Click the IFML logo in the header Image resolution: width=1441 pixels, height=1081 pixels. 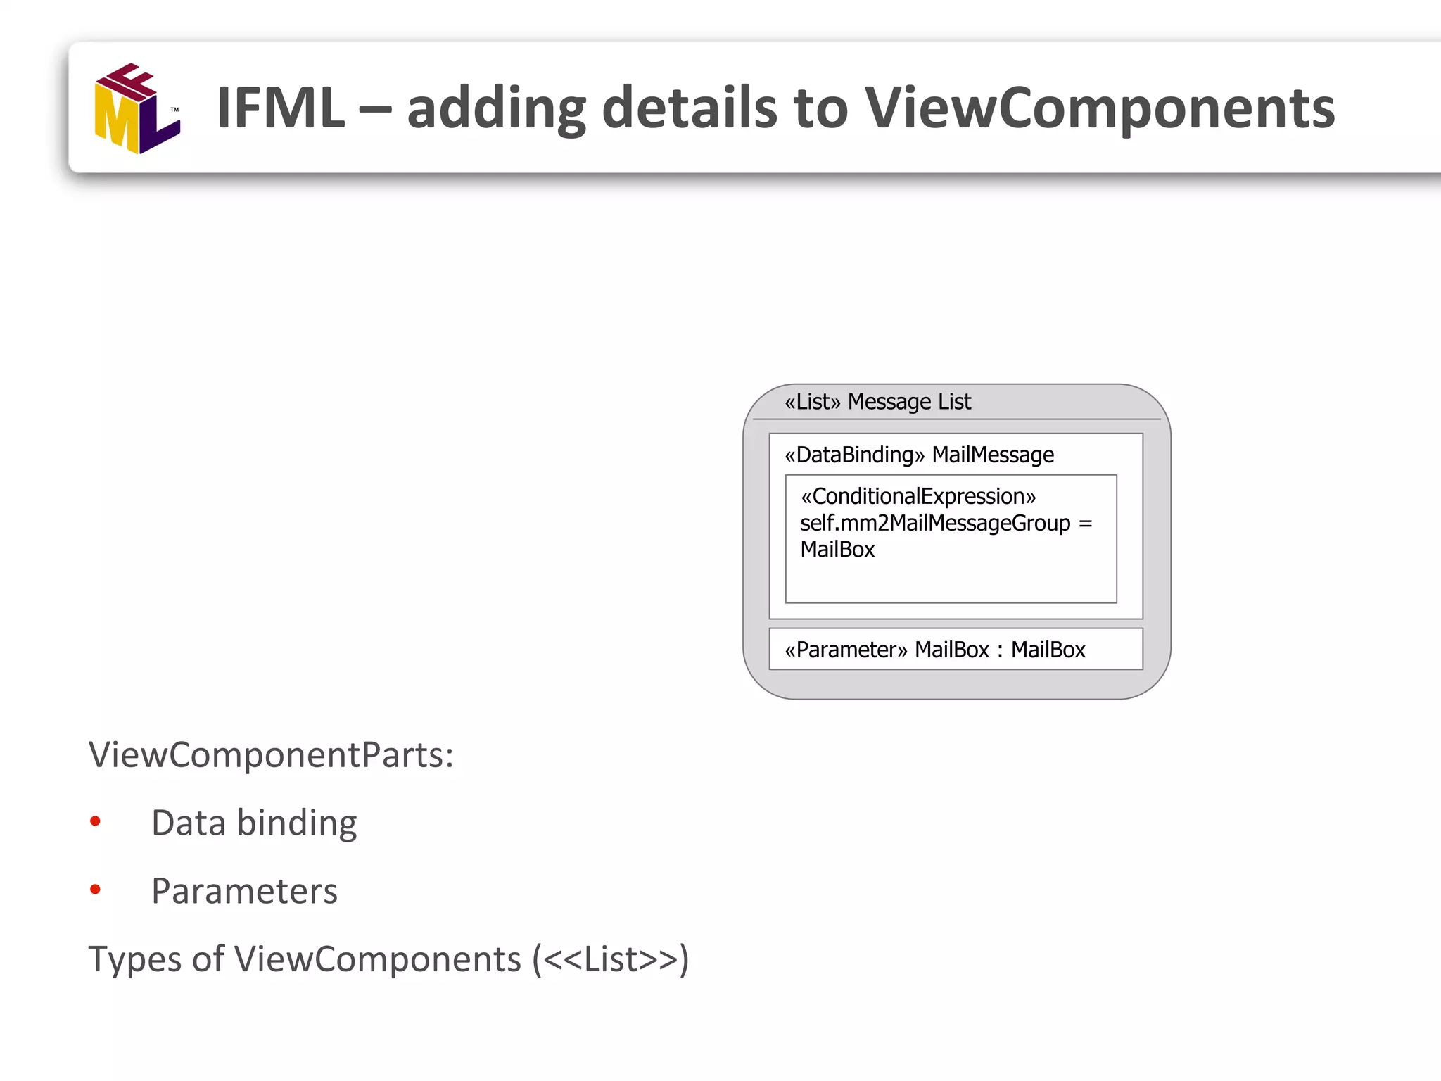(x=137, y=108)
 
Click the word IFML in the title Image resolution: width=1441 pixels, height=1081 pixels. (x=281, y=108)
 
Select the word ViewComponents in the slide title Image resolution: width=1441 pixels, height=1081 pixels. (x=1099, y=108)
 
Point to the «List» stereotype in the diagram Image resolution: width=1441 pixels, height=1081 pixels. (x=813, y=402)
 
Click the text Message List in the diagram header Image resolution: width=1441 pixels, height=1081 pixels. (x=909, y=402)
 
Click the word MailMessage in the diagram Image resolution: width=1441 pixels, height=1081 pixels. (x=993, y=455)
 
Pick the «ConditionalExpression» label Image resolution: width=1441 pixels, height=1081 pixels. (x=918, y=497)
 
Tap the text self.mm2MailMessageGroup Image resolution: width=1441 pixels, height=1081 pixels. (x=935, y=524)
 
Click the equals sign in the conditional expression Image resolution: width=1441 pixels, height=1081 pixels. (x=1086, y=524)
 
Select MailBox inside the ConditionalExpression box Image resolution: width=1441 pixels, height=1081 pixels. (x=837, y=550)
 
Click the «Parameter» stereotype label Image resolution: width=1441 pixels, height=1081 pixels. (x=846, y=650)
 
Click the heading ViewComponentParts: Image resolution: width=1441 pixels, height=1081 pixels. (x=271, y=755)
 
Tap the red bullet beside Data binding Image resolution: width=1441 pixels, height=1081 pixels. (x=96, y=821)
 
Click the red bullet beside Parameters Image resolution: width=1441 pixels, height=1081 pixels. (x=96, y=890)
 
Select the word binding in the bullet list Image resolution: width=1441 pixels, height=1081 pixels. (x=297, y=823)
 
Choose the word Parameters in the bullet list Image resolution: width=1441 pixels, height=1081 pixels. (x=244, y=891)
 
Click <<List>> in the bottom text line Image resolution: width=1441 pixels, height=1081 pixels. (x=611, y=959)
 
